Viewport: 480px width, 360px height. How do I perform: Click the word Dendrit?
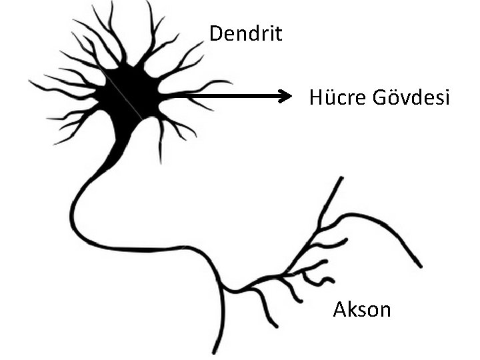(x=245, y=33)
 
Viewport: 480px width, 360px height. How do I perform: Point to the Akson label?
(x=361, y=309)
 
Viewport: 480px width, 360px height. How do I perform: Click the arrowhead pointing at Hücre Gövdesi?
(x=287, y=97)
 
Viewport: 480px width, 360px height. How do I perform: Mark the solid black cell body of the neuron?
(x=130, y=93)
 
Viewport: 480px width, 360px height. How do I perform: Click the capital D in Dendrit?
(x=215, y=33)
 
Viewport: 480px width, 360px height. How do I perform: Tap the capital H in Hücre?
(x=315, y=98)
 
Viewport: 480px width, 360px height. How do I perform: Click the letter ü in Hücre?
(x=329, y=99)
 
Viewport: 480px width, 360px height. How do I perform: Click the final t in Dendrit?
(x=279, y=34)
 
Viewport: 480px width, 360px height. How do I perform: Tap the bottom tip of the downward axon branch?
(x=215, y=351)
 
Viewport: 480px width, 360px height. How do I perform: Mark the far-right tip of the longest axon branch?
(x=421, y=265)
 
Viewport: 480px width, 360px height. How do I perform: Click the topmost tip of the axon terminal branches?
(x=342, y=178)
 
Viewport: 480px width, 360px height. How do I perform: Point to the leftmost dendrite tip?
(x=31, y=82)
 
